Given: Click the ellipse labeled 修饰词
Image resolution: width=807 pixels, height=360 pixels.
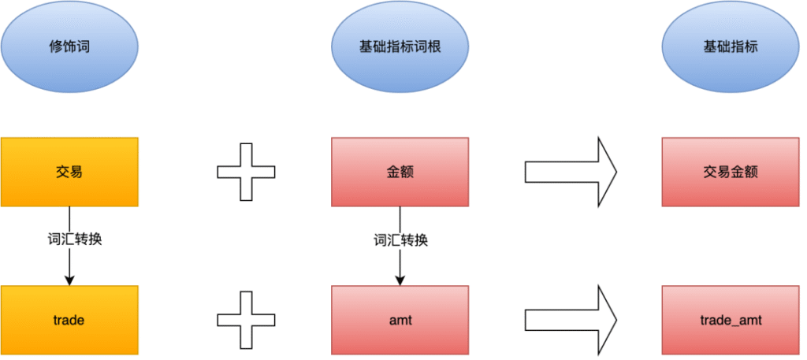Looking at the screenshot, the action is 69,46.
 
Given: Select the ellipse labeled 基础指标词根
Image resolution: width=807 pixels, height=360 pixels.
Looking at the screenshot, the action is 400,46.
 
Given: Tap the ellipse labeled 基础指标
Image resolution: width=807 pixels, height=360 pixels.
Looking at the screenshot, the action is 731,46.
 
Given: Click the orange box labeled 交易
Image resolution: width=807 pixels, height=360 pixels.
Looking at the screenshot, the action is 69,172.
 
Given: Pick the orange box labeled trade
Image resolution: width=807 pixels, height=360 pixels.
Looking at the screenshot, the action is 69,321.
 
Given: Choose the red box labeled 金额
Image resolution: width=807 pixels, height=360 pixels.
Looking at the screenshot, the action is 400,172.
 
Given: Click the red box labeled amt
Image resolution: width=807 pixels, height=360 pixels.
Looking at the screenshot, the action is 400,321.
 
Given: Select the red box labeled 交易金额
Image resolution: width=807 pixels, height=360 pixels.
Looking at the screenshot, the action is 731,172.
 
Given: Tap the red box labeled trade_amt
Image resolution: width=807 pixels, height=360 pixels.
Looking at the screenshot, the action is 731,321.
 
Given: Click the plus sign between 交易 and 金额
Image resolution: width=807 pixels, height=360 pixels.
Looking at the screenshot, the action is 247,172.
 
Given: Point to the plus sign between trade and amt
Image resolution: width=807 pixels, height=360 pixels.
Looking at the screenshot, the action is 247,321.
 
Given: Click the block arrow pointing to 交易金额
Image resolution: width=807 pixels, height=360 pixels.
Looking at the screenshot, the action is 571,172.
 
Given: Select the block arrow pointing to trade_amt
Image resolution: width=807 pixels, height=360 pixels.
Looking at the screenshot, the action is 571,321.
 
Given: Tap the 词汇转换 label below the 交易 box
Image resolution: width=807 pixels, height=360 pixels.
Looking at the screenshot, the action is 69,239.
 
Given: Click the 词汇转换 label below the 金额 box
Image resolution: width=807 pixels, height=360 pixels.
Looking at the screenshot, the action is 400,239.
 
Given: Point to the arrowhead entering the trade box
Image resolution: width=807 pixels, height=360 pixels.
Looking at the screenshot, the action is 69,280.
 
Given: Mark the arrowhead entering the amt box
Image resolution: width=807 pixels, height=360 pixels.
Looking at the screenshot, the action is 400,280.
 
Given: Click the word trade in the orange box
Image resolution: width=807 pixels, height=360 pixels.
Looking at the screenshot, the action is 69,321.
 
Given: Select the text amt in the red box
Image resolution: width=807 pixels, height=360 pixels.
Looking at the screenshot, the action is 400,321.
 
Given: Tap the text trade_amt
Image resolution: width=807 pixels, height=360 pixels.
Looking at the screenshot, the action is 731,321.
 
